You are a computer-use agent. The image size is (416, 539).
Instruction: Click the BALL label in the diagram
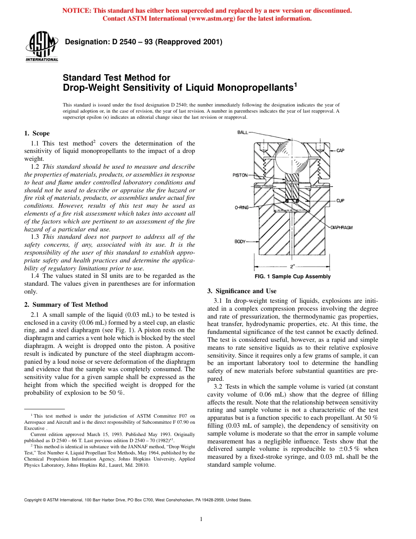(x=243, y=132)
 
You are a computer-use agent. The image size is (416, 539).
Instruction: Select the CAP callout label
(x=340, y=150)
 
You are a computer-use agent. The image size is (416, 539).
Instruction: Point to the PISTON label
(x=240, y=175)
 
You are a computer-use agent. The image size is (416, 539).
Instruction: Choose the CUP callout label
(x=340, y=201)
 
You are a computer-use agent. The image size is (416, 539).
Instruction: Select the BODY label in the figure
(x=240, y=241)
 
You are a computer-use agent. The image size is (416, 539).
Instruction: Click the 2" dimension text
(x=292, y=266)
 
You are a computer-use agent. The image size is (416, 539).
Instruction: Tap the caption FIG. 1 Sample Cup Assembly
(x=292, y=277)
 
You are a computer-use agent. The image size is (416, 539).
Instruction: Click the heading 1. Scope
(x=37, y=134)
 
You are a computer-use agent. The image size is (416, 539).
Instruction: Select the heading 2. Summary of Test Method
(x=66, y=305)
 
